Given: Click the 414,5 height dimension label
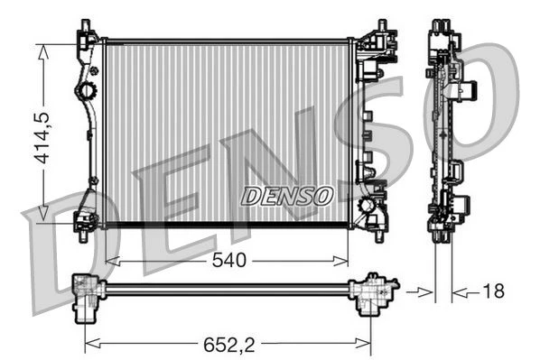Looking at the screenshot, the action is [42, 138].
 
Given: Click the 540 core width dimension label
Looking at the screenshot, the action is [229, 260].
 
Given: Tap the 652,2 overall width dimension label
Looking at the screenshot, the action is [229, 345].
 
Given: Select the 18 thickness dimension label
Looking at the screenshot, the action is [494, 291].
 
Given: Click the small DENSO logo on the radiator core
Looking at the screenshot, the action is [287, 196].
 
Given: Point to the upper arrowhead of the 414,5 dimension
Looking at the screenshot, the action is [42, 52].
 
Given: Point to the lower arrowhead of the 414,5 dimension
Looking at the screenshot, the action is [42, 213].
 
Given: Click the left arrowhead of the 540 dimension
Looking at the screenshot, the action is [113, 262].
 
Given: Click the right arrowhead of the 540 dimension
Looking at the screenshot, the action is [340, 262].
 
